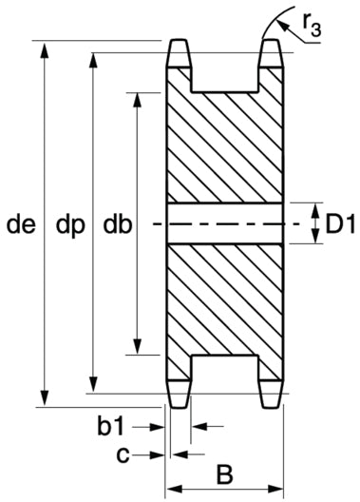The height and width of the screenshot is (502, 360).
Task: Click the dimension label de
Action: point(21,224)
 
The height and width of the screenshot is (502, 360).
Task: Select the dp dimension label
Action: point(70,226)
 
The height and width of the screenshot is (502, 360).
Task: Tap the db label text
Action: point(118,224)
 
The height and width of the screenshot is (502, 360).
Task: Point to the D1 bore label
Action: point(340,224)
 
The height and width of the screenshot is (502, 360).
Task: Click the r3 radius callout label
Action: point(312,26)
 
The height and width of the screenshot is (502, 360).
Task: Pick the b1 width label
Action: point(110,426)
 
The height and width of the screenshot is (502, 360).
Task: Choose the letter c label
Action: point(123,454)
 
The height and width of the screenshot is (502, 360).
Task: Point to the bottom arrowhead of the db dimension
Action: point(137,346)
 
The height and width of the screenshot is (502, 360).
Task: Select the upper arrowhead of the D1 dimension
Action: point(315,211)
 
